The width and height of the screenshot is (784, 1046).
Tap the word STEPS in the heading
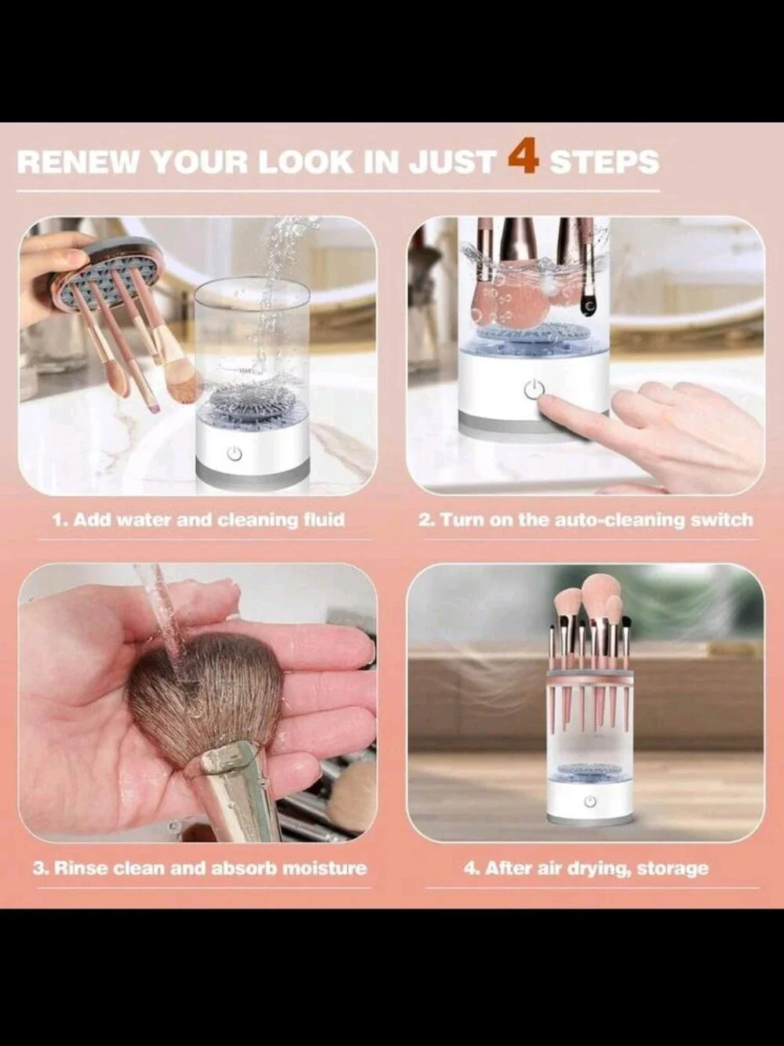click(x=605, y=162)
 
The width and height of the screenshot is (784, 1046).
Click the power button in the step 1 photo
click(x=234, y=454)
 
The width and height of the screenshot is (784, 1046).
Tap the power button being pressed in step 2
click(x=534, y=389)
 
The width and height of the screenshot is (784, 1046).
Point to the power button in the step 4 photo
click(x=590, y=801)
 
